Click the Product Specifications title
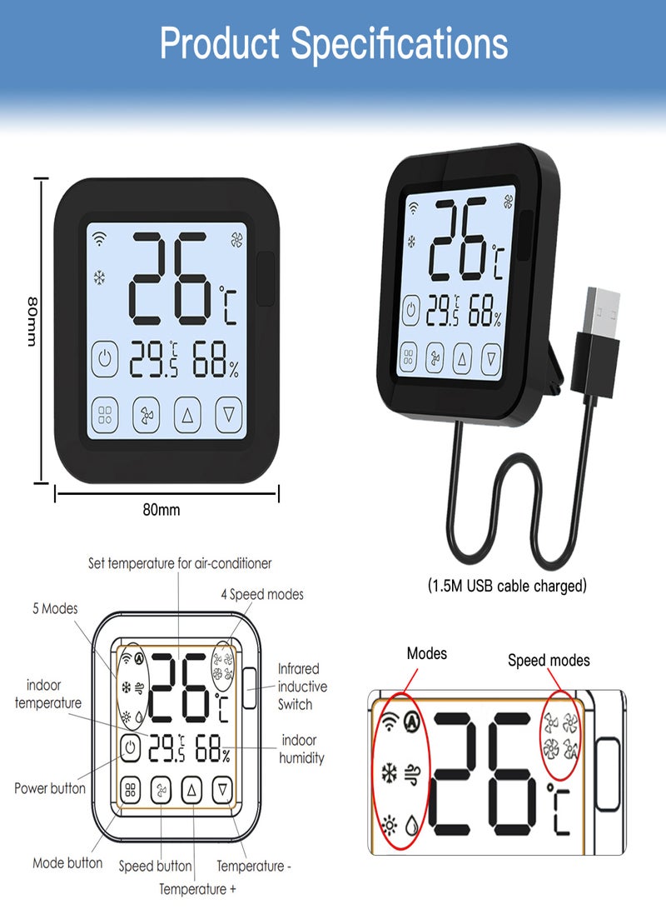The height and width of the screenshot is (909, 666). coord(334,43)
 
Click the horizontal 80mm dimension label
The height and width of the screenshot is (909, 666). coord(162,510)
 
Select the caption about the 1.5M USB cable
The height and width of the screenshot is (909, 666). coord(507,586)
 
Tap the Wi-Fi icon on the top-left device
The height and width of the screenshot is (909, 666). coord(100,239)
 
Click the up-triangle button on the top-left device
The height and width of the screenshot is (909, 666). coord(187,415)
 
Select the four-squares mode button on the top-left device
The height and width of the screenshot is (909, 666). coord(105,415)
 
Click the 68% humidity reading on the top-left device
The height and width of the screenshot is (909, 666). coord(216,359)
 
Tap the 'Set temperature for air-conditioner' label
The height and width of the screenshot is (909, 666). coord(180,563)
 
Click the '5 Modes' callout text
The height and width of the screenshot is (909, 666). coord(55,608)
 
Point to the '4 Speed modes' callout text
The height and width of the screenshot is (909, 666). coord(261,594)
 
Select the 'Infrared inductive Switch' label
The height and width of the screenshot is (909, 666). coord(302,687)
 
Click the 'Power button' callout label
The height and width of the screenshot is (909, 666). coord(50,788)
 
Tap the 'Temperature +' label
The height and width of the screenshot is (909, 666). coord(197,889)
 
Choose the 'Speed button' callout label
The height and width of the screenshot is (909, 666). coord(155,867)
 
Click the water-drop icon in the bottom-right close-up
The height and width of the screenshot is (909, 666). coord(411,825)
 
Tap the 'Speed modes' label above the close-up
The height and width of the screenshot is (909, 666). coord(549,661)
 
